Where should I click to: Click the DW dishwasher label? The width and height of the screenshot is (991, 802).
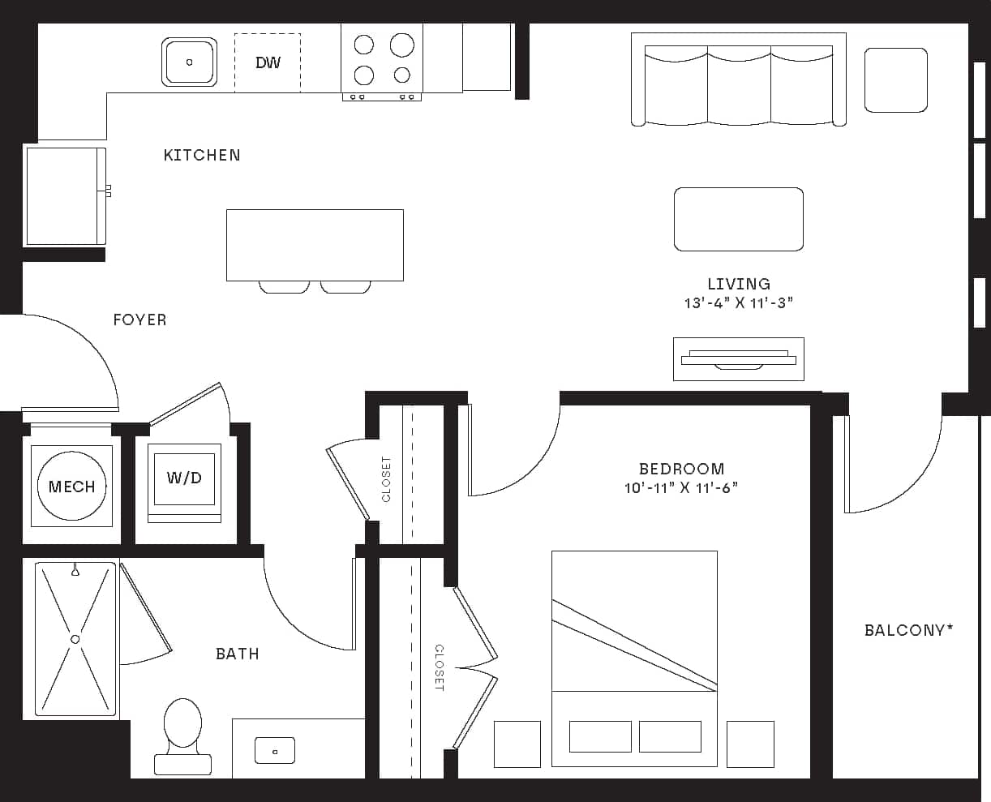tap(268, 62)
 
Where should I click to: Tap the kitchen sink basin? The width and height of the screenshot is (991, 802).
tap(189, 62)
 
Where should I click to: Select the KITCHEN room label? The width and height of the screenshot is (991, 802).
tap(202, 155)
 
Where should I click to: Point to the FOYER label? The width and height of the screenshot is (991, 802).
tap(139, 320)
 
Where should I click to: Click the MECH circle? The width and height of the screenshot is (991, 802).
tap(71, 486)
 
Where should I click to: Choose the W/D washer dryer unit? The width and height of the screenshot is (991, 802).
tap(184, 478)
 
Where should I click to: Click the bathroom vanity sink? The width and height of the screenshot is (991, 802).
tap(274, 749)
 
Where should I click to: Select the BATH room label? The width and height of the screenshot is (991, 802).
tap(237, 654)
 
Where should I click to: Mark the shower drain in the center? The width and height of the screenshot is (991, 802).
tap(75, 639)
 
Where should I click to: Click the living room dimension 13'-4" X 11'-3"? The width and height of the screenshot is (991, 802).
tap(738, 303)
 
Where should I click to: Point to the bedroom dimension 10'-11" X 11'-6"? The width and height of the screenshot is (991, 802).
tap(681, 488)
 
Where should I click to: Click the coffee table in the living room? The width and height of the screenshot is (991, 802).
tap(738, 219)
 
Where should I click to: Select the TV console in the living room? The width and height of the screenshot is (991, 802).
tap(738, 358)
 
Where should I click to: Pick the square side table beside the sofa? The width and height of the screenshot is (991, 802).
tap(895, 79)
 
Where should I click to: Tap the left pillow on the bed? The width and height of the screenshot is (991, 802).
tap(600, 736)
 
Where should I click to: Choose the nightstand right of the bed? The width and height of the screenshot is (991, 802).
tap(750, 744)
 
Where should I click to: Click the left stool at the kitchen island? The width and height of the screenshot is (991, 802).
tap(284, 286)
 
